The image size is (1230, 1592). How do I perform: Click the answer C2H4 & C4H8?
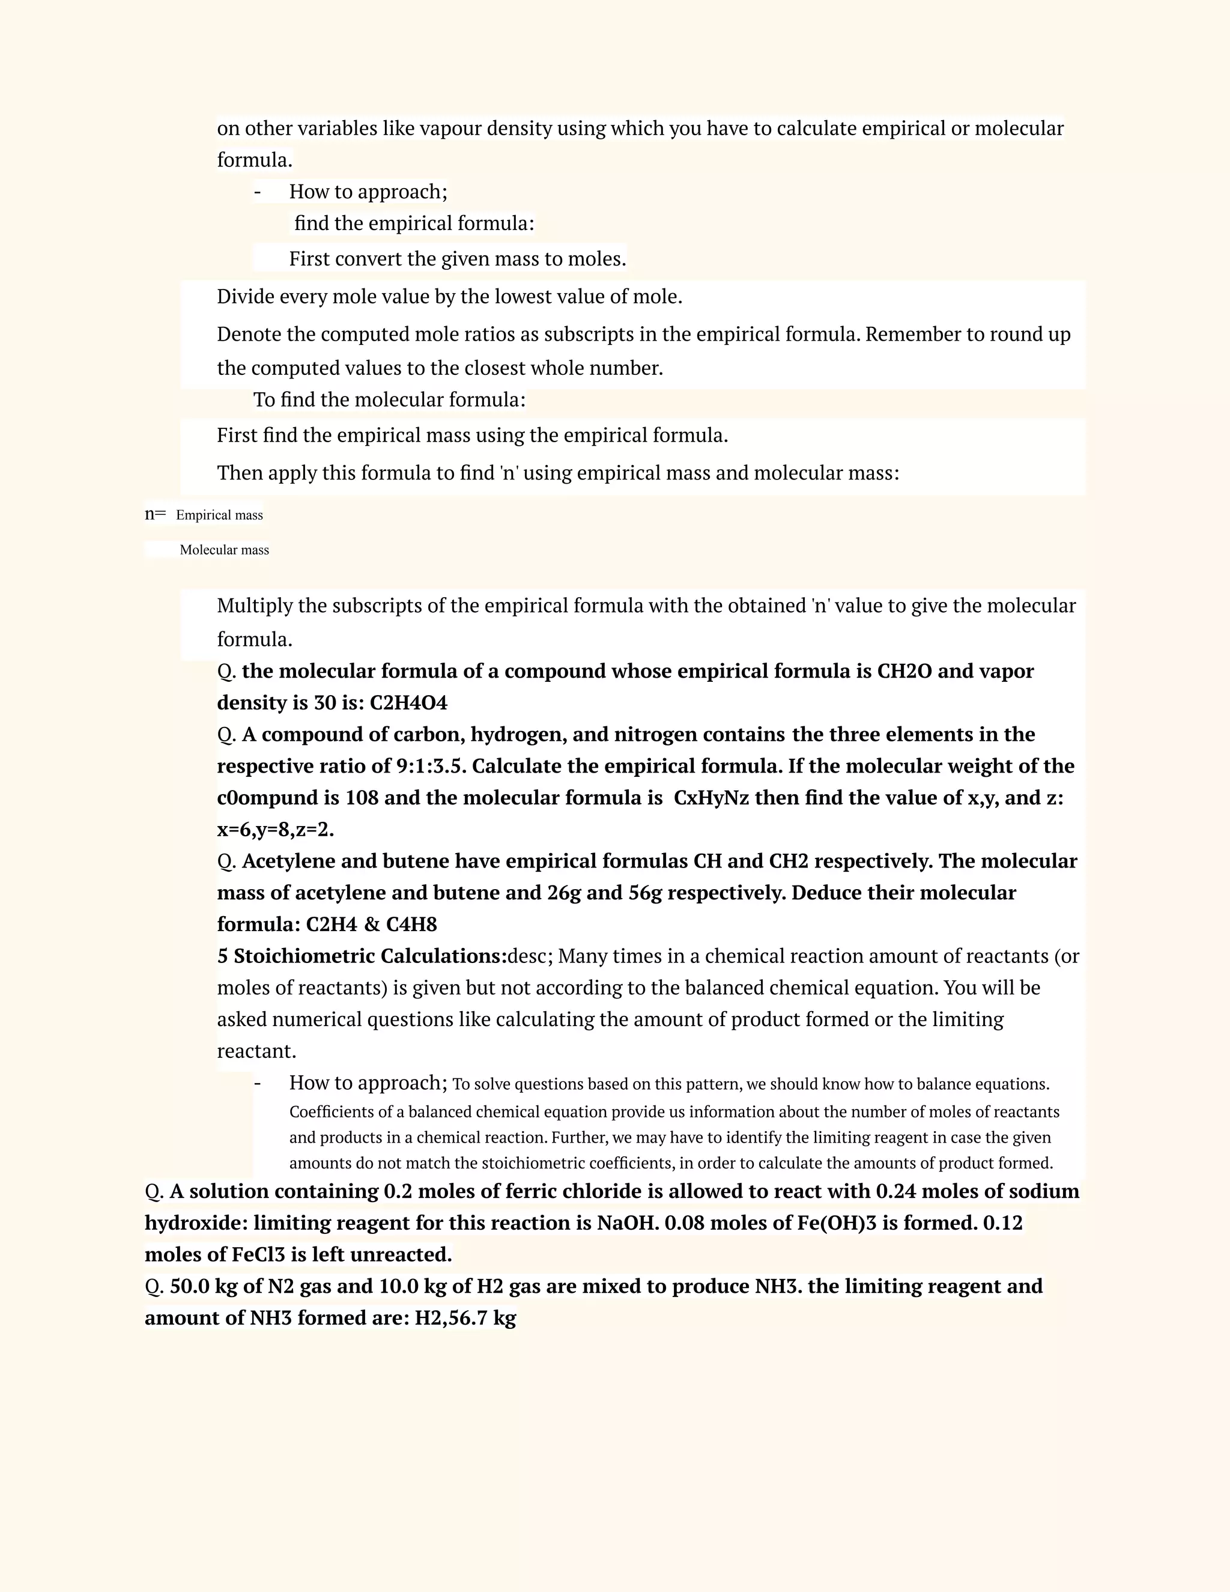(x=371, y=925)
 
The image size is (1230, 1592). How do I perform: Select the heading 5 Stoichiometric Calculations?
(x=362, y=956)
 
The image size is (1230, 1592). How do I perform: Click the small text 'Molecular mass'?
(x=225, y=550)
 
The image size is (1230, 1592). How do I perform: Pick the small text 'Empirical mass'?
(x=219, y=515)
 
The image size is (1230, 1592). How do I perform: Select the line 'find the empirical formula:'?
(x=414, y=223)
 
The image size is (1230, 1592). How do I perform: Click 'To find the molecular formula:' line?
(x=389, y=400)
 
